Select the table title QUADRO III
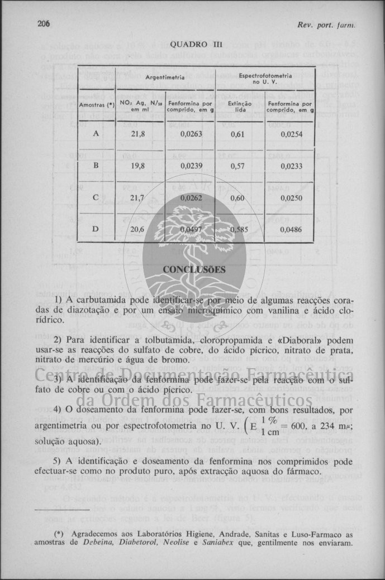point(192,43)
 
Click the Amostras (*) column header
point(96,105)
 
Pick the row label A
point(96,134)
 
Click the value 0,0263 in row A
point(191,134)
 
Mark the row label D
point(96,229)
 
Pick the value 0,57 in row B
point(239,166)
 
